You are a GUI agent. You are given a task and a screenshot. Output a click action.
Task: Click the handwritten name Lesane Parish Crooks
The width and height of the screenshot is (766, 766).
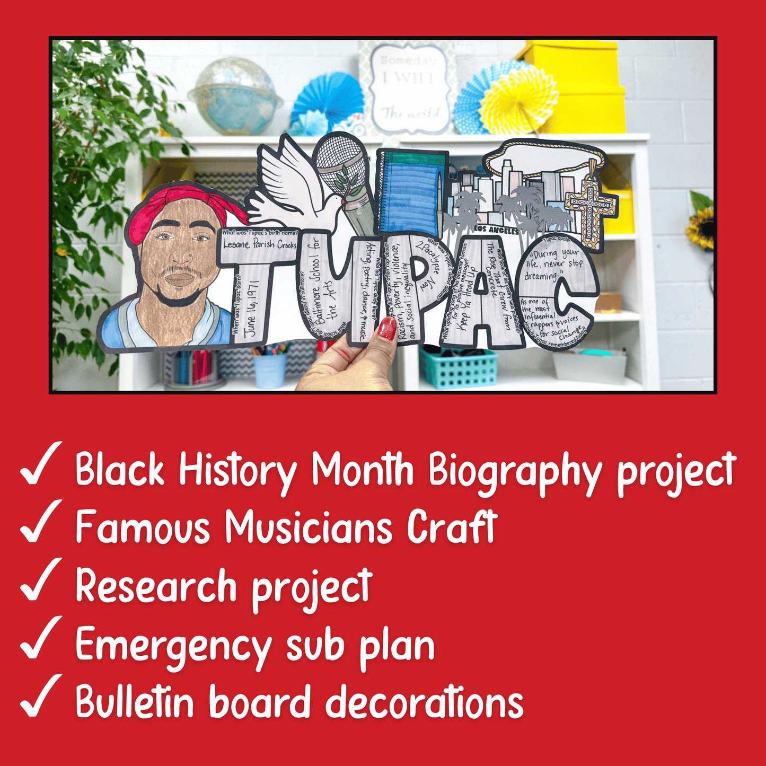click(x=259, y=244)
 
